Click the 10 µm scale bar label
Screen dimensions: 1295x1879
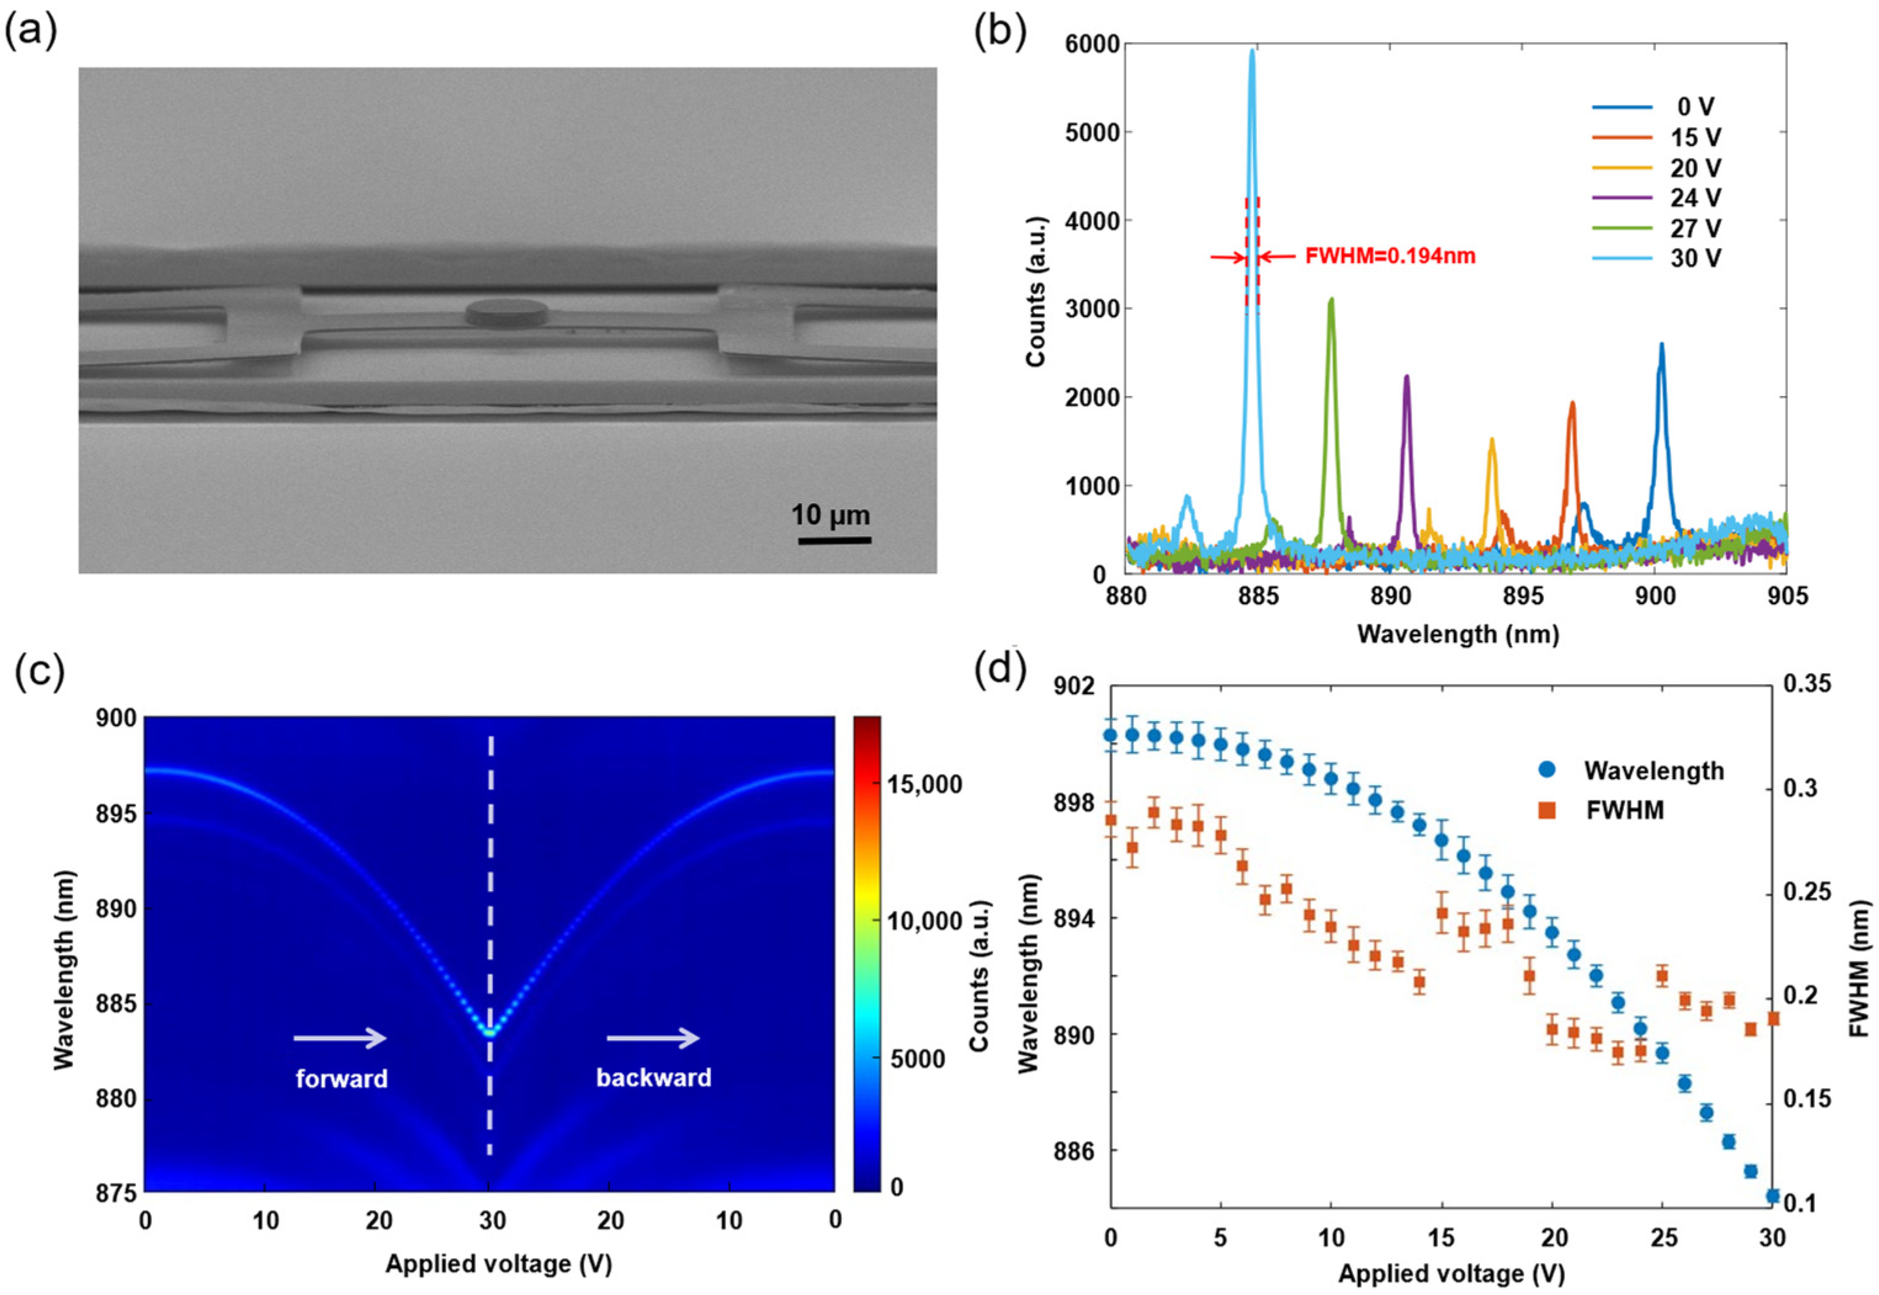tap(831, 515)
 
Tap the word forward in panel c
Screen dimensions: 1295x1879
tap(342, 1078)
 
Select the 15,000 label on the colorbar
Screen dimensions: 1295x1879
tap(925, 784)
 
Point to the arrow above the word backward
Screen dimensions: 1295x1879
tap(653, 1038)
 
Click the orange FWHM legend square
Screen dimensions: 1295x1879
tap(1546, 809)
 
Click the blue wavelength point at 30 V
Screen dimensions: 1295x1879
tap(1772, 1195)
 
